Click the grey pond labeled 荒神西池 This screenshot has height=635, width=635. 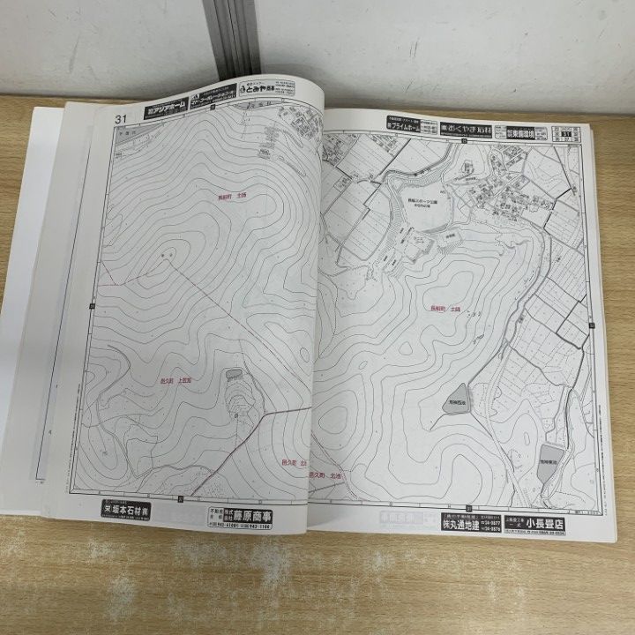457,400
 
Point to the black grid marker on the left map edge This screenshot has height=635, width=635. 92,305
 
